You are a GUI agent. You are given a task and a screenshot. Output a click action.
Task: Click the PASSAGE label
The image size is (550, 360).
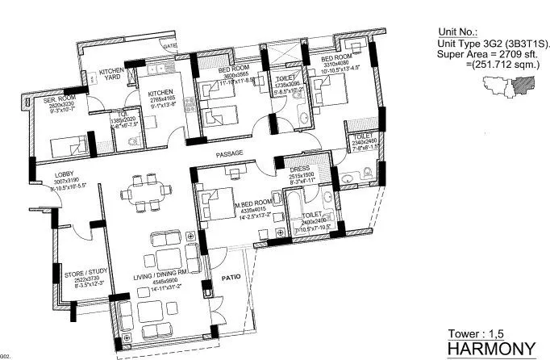tap(229, 153)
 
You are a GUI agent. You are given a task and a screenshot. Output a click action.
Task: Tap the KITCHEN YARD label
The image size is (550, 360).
tap(110, 75)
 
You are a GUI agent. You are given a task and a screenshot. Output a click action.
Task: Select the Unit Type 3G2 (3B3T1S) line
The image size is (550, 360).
tap(491, 44)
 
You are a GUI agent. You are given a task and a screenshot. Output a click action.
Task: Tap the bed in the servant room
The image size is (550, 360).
tap(65, 147)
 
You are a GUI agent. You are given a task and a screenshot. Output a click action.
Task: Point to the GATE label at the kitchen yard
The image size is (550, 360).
tap(169, 46)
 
